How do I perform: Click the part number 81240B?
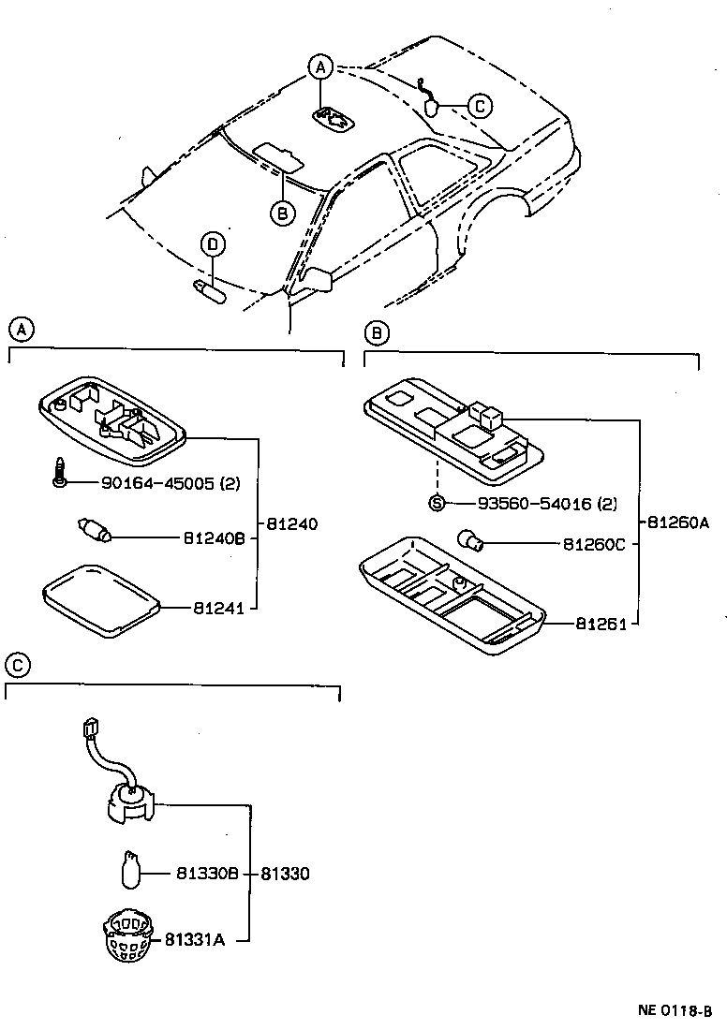(214, 538)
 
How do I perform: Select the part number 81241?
(218, 609)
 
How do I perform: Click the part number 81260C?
(594, 544)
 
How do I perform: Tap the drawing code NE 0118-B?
(675, 1010)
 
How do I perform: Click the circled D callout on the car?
(213, 245)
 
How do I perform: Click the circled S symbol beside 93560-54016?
(437, 504)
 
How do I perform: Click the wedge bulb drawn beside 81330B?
(132, 868)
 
